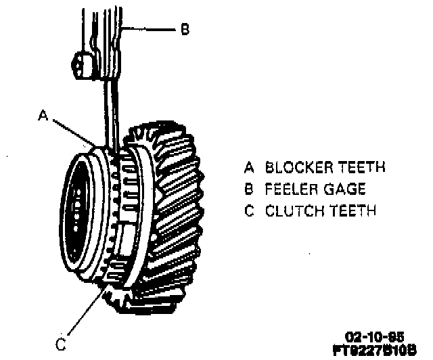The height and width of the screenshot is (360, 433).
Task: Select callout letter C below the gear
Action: (x=62, y=345)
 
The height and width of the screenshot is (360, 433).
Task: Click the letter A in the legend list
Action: (x=249, y=167)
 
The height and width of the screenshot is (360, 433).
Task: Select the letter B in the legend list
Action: (x=249, y=189)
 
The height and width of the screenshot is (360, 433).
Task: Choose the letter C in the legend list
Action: (x=249, y=211)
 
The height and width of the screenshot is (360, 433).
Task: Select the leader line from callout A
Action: (x=74, y=131)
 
